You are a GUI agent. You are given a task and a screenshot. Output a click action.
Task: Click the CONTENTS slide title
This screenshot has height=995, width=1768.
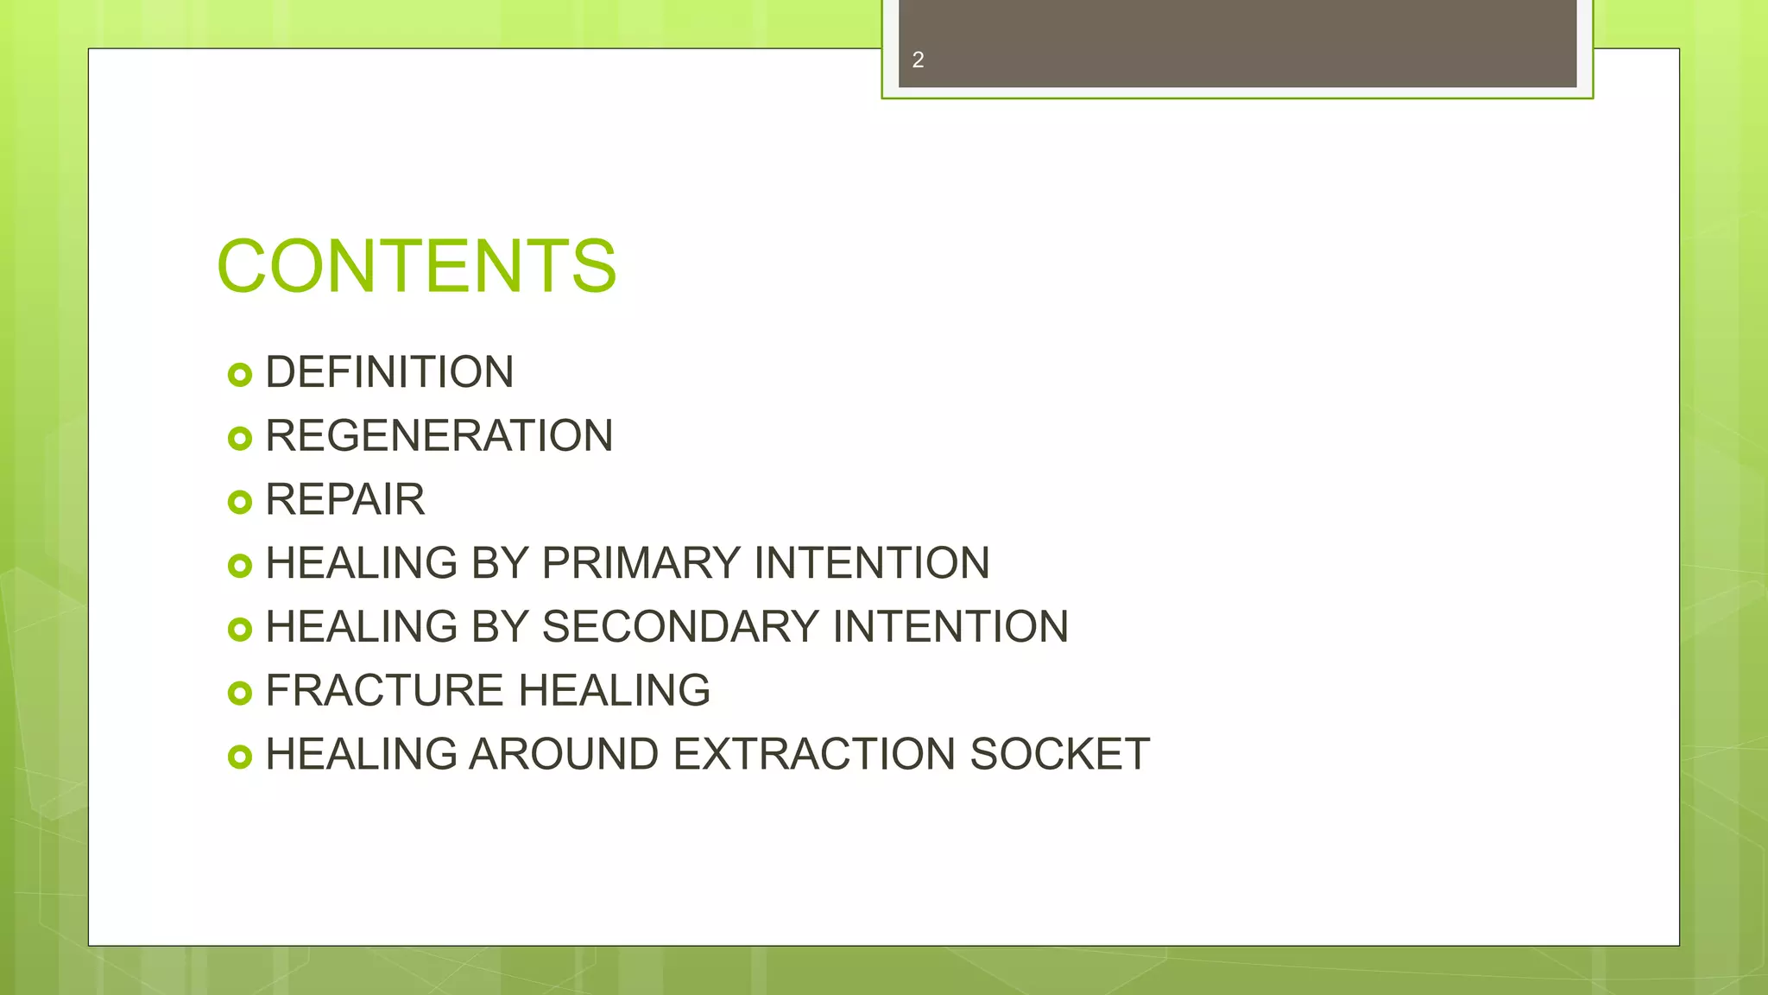pos(416,266)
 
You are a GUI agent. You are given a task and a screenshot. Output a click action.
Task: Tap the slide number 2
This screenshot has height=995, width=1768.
pos(918,60)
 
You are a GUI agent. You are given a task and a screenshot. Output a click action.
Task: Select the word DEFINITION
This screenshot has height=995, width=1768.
pos(389,372)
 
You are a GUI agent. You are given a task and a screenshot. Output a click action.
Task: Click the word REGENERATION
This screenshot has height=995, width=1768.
pos(439,435)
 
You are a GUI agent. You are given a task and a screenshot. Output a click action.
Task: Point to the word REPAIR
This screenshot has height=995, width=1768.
pos(344,499)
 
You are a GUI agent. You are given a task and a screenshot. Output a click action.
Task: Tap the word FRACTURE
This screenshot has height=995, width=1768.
pos(384,690)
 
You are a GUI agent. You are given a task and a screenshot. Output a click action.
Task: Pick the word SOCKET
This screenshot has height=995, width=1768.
pos(1059,754)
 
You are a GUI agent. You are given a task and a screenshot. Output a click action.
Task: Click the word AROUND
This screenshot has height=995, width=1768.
pos(564,754)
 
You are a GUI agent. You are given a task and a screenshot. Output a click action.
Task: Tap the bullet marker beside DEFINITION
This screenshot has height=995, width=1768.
pos(239,375)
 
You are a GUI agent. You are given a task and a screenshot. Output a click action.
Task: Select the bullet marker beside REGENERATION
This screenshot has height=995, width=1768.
pos(239,439)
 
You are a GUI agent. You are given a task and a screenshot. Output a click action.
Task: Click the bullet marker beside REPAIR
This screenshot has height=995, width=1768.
pos(239,502)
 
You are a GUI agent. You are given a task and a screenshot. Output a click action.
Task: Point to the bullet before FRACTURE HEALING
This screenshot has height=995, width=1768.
pos(239,693)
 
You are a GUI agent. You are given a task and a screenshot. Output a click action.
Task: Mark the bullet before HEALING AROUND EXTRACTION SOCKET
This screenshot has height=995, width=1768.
pos(239,757)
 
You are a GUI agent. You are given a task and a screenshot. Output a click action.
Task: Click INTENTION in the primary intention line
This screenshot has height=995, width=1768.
pos(871,563)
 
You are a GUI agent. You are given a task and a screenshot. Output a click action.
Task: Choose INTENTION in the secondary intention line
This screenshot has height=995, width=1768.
pos(950,626)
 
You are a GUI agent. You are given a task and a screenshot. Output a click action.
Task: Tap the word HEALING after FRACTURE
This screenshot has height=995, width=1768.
pos(614,690)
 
